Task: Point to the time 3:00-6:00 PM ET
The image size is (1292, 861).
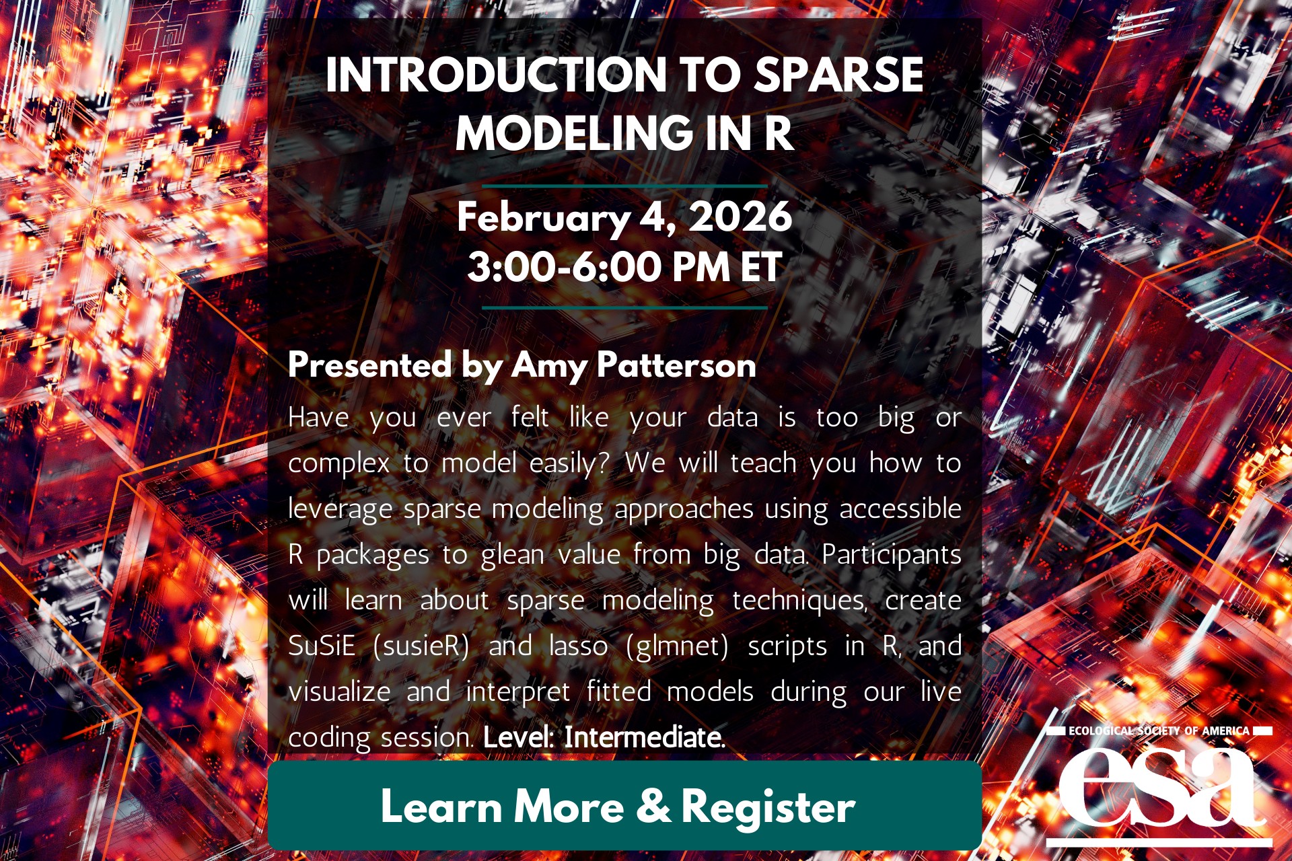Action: point(624,267)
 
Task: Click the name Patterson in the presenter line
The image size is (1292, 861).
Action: point(676,365)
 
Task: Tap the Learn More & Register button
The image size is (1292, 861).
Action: point(624,805)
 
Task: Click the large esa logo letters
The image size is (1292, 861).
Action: point(1159,788)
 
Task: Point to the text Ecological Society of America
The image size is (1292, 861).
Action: point(1159,731)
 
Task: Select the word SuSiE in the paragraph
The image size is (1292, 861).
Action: point(322,646)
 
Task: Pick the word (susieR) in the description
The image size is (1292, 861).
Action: point(421,646)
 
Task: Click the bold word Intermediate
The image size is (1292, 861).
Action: point(645,737)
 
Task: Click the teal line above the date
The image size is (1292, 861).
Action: point(624,186)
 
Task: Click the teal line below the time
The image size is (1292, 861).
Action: point(624,307)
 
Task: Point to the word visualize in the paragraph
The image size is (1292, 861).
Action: point(339,691)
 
